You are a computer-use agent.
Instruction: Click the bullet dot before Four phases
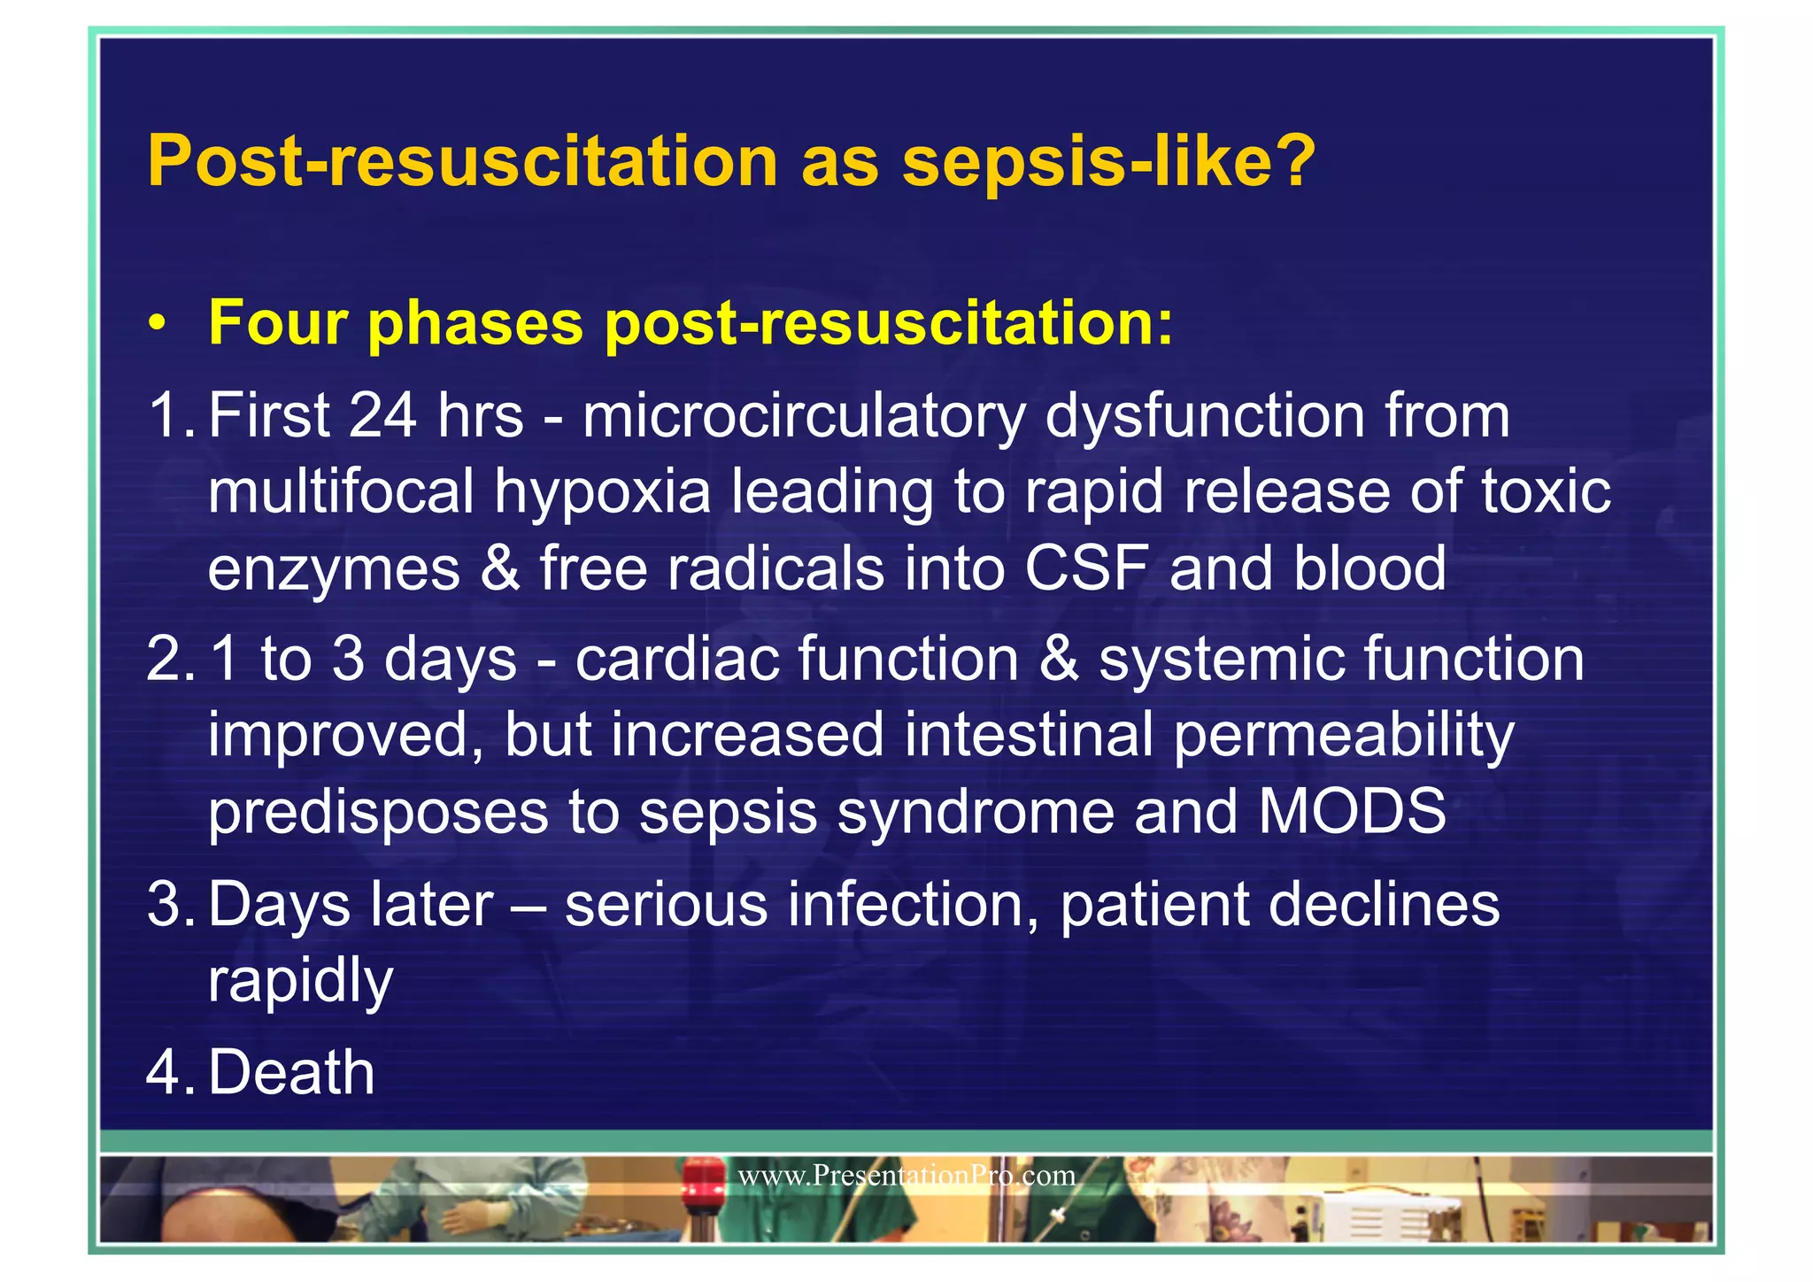[x=157, y=324]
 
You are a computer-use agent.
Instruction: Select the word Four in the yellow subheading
[x=277, y=323]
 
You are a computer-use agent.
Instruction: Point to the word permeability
[x=1343, y=737]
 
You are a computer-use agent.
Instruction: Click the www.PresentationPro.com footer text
[x=906, y=1176]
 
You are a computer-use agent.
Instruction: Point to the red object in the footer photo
[x=702, y=1182]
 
